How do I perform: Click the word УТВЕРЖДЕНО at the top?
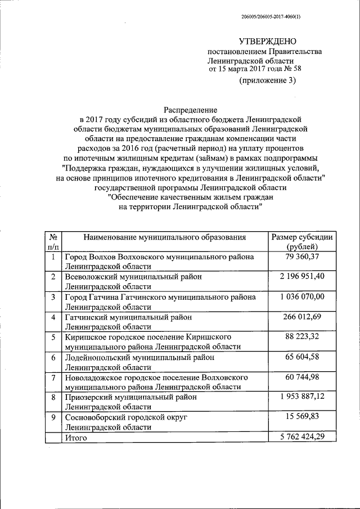pos(267,41)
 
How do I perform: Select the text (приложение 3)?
pos(267,80)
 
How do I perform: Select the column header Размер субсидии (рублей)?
pos(301,241)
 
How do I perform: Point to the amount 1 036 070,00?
pos(301,296)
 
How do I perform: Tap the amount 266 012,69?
pos(301,317)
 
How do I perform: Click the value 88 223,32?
pos(301,336)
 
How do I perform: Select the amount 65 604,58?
pos(301,357)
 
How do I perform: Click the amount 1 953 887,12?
pos(301,397)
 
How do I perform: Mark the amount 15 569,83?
pos(301,417)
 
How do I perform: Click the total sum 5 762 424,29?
pos(301,437)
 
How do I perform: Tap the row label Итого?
pos(76,438)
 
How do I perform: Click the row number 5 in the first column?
pos(53,337)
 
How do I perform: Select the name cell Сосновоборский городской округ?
pos(125,417)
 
